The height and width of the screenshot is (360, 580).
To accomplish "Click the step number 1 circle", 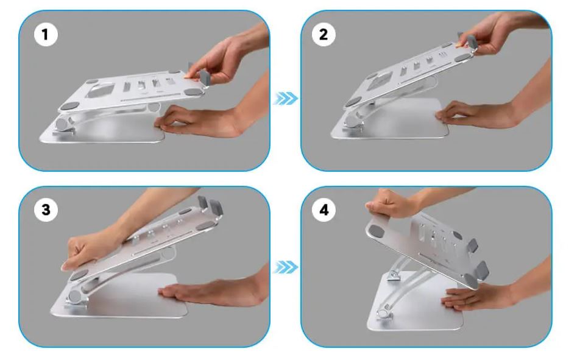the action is [x=46, y=35].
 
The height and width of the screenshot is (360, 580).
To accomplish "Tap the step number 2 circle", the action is [x=324, y=35].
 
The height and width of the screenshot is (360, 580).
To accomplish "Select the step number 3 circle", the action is [x=46, y=210].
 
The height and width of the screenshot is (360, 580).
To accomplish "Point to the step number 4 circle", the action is [x=324, y=210].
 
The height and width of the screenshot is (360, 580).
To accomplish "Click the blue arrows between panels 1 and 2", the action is [x=286, y=99].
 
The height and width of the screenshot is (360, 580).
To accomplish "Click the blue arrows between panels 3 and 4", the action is [x=286, y=267].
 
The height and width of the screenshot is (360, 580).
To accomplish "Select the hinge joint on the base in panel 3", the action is [x=75, y=297].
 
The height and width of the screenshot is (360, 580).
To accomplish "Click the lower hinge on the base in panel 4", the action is [x=384, y=312].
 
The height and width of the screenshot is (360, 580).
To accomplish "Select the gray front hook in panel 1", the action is [x=205, y=77].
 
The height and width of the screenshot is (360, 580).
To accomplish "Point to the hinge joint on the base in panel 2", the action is [x=353, y=121].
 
